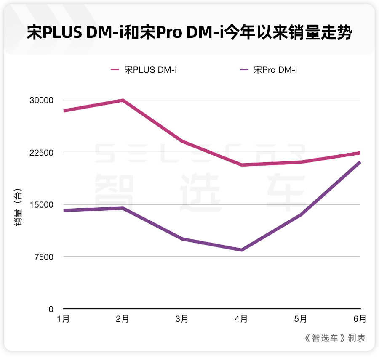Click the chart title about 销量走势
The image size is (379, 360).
(x=189, y=32)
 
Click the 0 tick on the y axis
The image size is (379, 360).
(x=51, y=309)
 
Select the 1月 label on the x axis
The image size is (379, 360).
(x=63, y=319)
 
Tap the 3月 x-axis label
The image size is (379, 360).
(x=182, y=319)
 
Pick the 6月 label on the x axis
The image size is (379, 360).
(x=360, y=319)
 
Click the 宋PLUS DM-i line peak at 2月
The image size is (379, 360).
(x=123, y=100)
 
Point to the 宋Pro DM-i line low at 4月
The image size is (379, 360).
(x=241, y=250)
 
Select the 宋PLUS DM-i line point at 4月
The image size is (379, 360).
(x=241, y=165)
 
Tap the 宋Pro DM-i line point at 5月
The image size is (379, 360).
(x=301, y=214)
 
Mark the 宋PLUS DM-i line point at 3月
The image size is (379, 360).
(x=182, y=141)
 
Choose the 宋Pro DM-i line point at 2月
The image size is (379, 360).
(x=123, y=208)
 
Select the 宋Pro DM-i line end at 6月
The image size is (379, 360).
(x=359, y=162)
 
